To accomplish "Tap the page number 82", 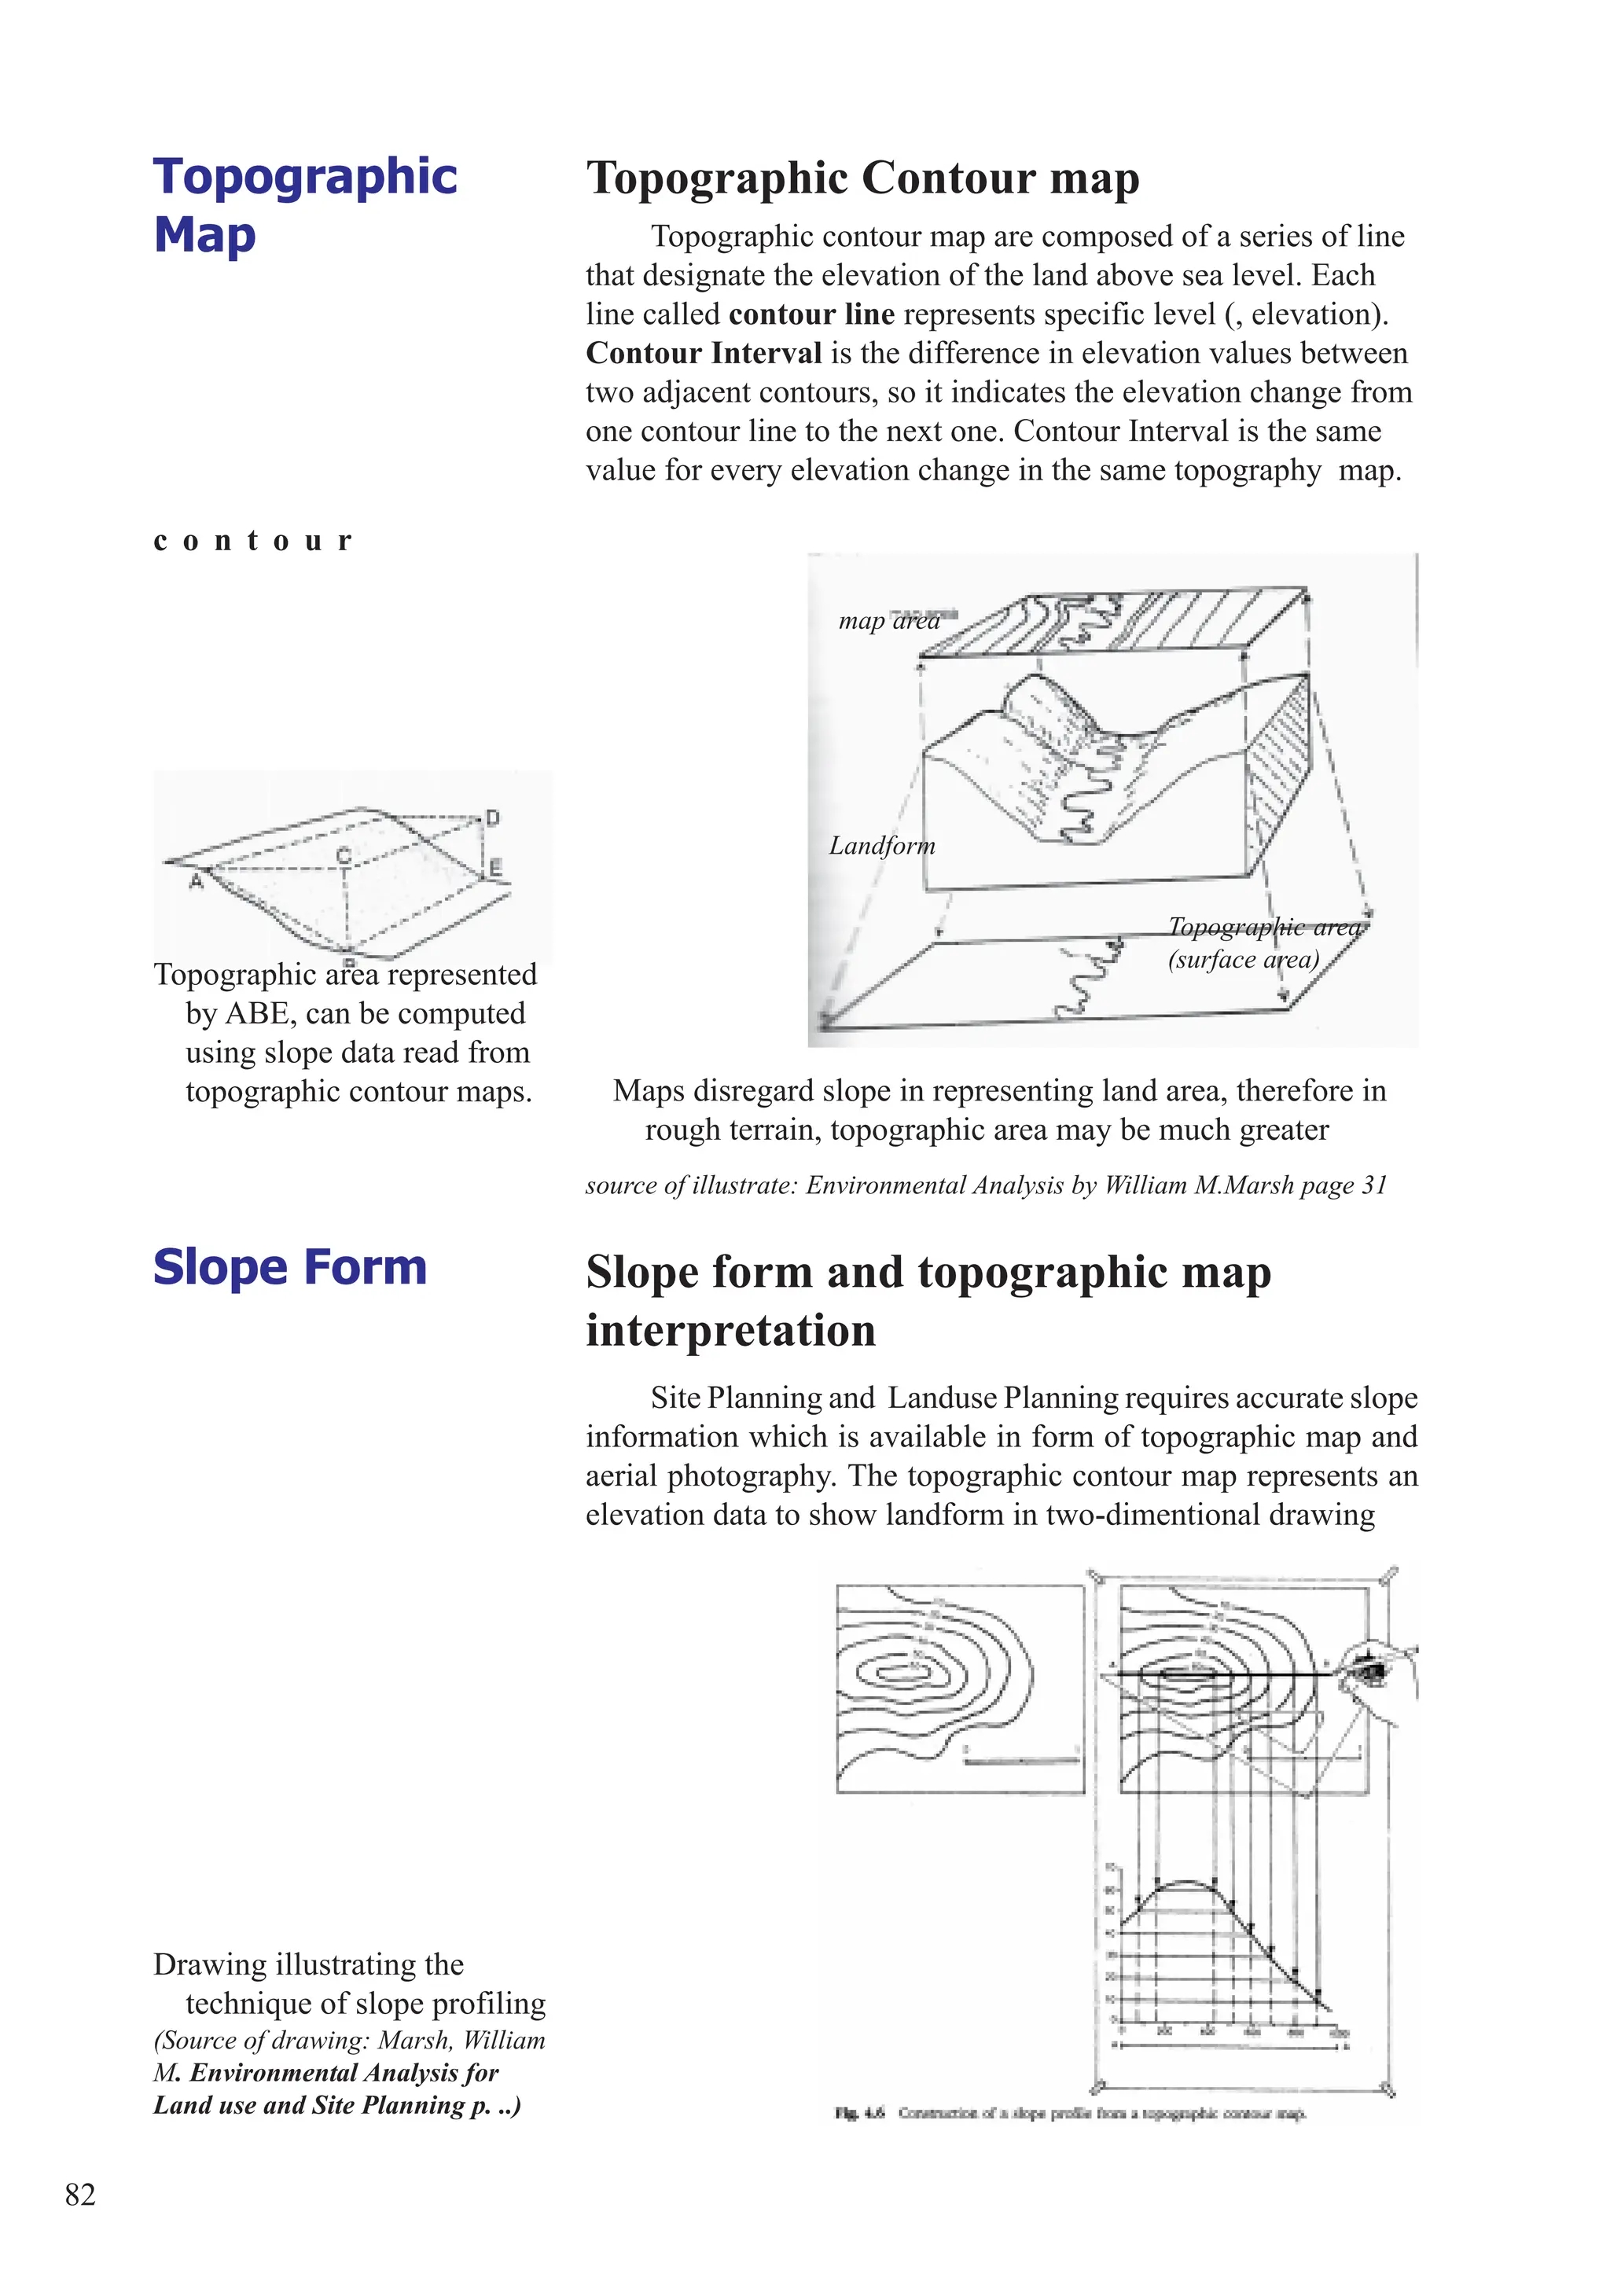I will [80, 2194].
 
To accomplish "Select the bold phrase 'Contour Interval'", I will [704, 352].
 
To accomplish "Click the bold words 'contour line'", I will [811, 314].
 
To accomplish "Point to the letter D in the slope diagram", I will [493, 818].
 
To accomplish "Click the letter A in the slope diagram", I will [197, 880].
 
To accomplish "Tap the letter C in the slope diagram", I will [344, 854].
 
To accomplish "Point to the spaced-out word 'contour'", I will [253, 540].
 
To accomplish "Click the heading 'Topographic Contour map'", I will [862, 178].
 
